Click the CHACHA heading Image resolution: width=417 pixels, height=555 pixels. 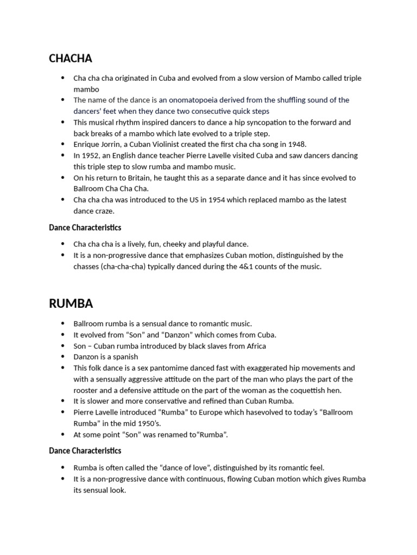[71, 58]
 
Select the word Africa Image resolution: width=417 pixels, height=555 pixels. [253, 346]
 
